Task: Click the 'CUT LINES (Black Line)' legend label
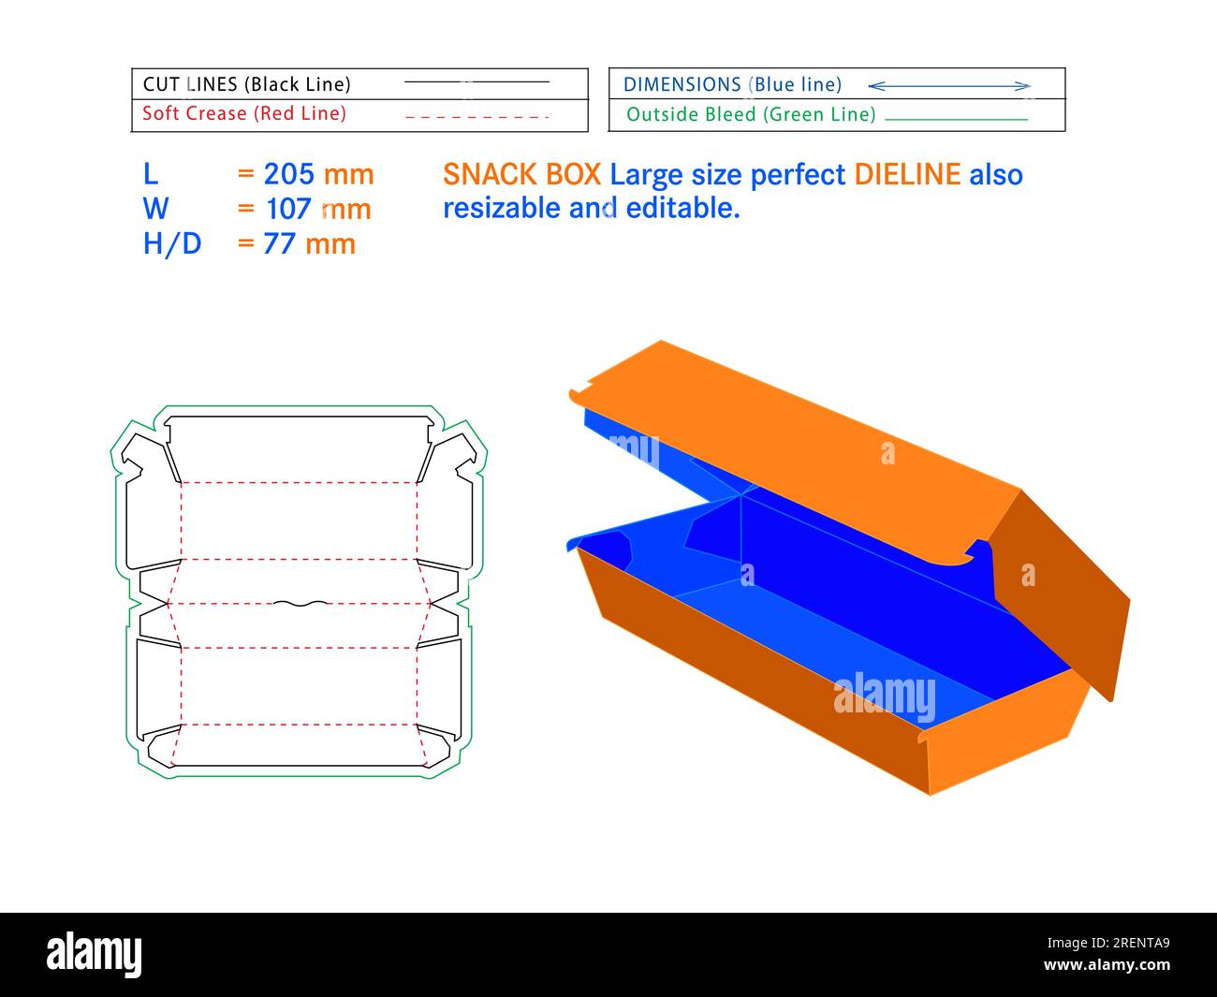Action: tap(247, 84)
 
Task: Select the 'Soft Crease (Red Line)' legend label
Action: tap(244, 113)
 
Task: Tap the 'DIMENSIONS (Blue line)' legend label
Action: tap(732, 84)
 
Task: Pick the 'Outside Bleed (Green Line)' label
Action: tap(751, 114)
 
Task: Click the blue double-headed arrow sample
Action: tap(949, 86)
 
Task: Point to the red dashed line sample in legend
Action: tap(477, 117)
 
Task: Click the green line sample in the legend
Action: tap(956, 120)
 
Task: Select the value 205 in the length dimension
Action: tap(288, 174)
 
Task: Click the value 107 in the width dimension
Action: tap(289, 209)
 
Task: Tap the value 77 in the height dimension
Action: tap(280, 243)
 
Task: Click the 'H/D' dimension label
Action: tap(172, 243)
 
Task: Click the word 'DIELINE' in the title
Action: tap(907, 174)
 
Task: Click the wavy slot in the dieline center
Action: tap(301, 604)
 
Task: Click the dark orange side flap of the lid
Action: tap(1063, 590)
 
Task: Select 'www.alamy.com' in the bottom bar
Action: tap(1107, 965)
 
